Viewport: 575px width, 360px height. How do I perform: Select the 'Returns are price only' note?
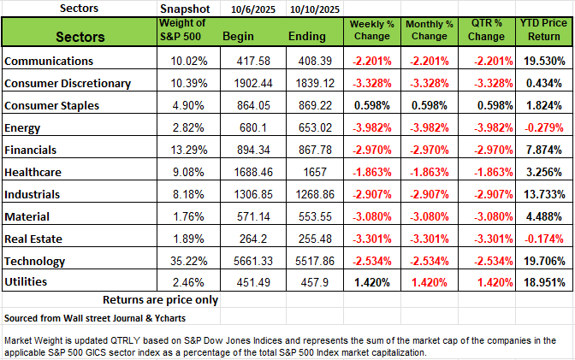click(x=160, y=299)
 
